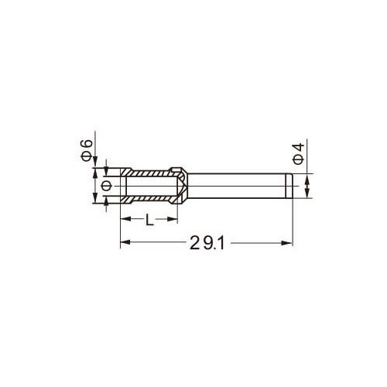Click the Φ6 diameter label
click(87, 150)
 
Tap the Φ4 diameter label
click(299, 154)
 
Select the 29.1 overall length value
click(207, 243)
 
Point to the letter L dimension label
click(149, 220)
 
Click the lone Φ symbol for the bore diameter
click(106, 186)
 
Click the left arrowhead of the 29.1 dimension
click(125, 242)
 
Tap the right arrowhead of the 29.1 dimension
click(287, 243)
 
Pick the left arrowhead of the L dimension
click(125, 219)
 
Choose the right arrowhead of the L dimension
click(173, 219)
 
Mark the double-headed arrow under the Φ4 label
click(307, 186)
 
